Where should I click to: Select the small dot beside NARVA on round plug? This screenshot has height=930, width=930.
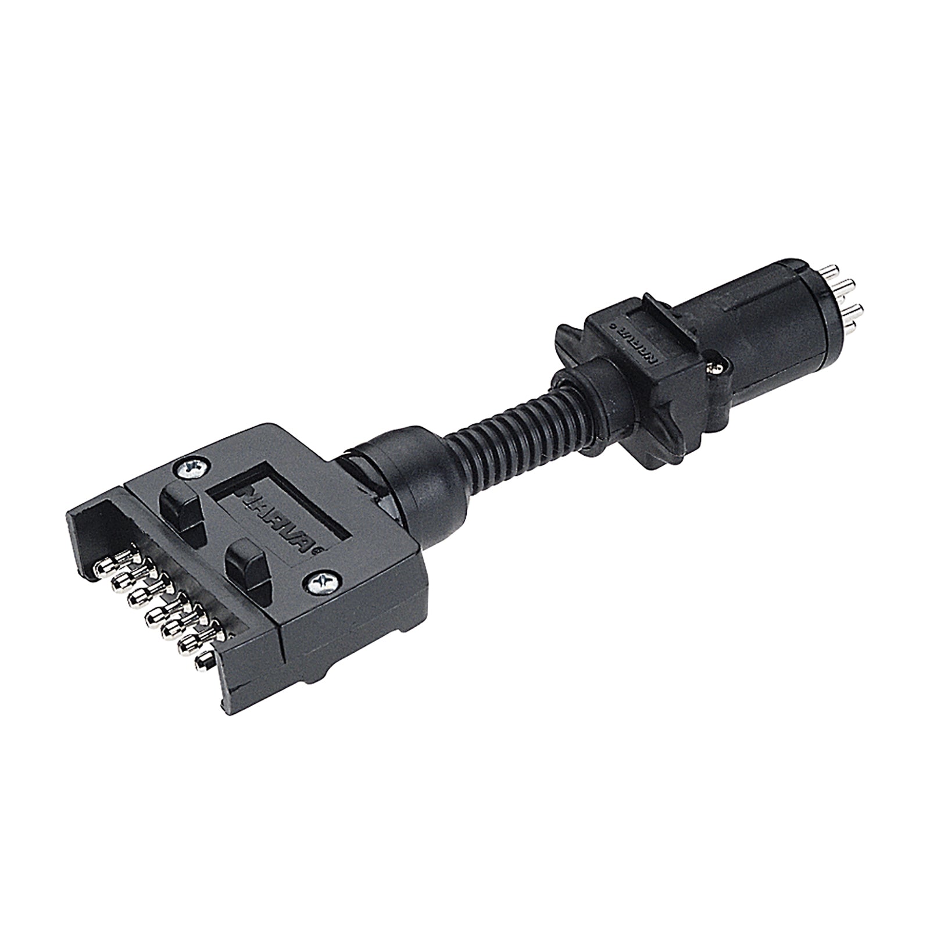click(612, 327)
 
